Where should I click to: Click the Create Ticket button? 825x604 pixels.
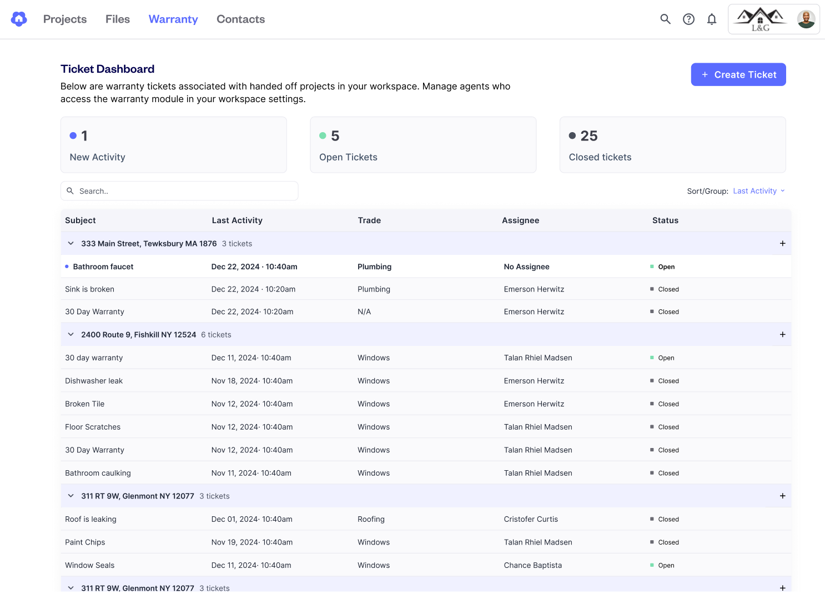[738, 74]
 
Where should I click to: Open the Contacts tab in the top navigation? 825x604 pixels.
[240, 19]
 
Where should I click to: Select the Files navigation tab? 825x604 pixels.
[118, 19]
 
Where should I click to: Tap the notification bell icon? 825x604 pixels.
[712, 19]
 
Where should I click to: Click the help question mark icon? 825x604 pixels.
[688, 19]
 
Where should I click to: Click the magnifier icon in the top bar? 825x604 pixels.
[665, 19]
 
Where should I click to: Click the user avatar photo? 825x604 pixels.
[806, 19]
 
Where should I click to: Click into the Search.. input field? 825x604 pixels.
[179, 191]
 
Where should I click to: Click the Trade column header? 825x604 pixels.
[369, 220]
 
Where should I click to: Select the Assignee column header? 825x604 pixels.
[520, 220]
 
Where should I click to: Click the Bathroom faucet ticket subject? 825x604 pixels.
[103, 266]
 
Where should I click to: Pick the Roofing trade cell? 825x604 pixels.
[371, 519]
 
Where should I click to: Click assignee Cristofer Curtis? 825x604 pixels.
[531, 519]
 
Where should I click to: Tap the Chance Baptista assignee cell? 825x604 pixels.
[532, 565]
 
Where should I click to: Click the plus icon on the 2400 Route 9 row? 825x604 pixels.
[782, 334]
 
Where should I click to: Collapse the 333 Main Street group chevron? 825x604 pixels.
[71, 244]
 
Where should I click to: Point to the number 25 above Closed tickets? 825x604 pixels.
[589, 136]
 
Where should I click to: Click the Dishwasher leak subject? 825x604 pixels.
[94, 381]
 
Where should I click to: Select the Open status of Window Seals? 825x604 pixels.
[666, 565]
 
